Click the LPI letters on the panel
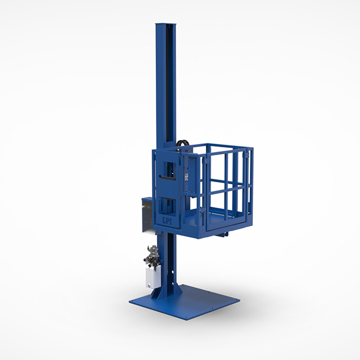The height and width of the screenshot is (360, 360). pos(166,221)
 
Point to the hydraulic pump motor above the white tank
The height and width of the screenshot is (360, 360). pos(152,256)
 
